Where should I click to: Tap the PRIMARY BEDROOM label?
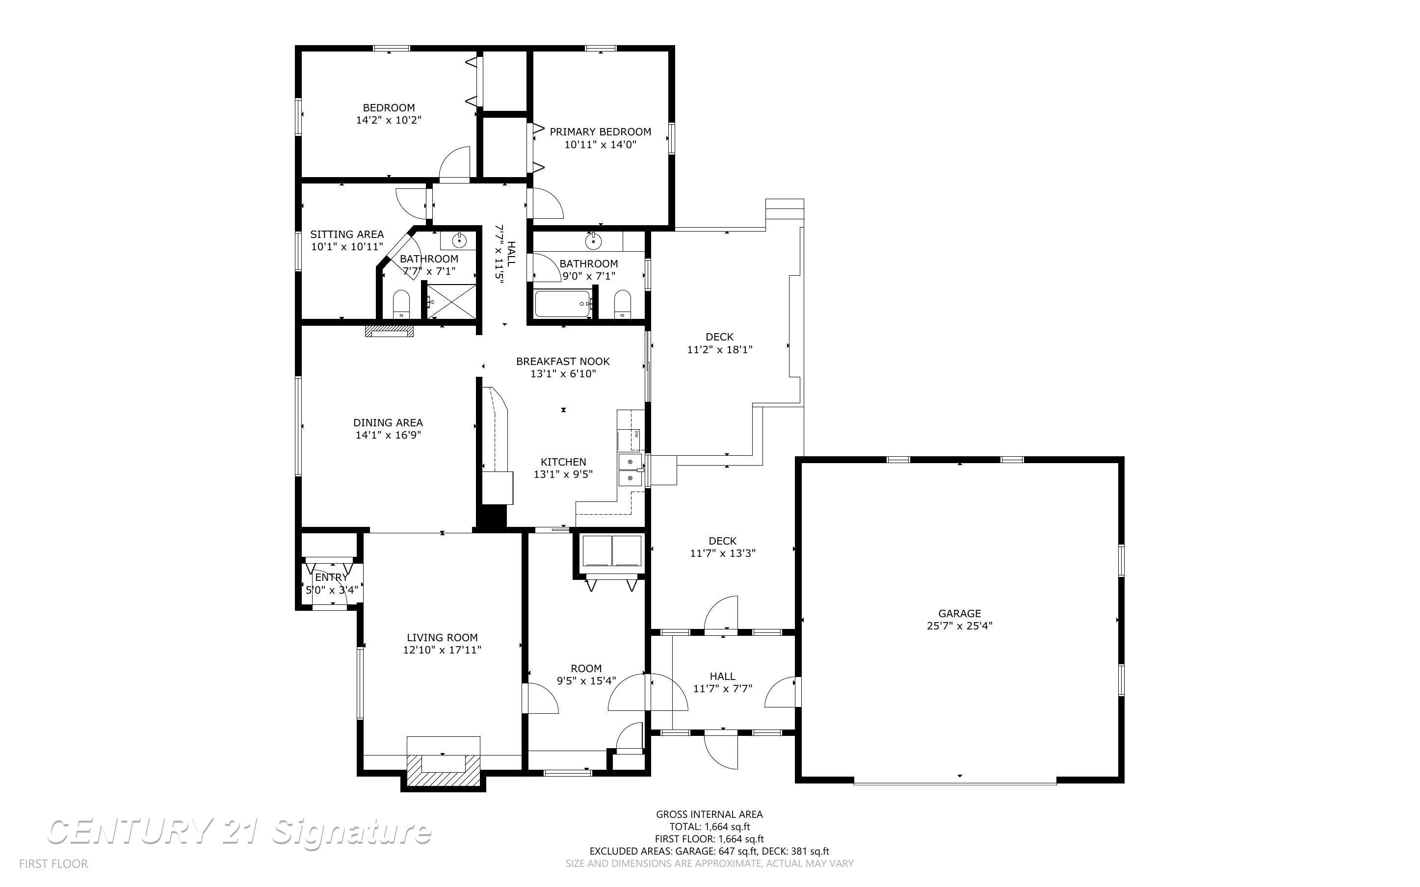click(600, 132)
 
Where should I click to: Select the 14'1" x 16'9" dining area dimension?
click(388, 435)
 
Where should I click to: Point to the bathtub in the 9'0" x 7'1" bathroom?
click(563, 304)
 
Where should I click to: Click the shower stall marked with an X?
click(450, 302)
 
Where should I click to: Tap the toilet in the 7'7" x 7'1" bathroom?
click(402, 304)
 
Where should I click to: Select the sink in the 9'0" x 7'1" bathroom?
click(594, 241)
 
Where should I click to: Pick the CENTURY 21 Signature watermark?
click(239, 832)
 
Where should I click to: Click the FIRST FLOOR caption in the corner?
click(53, 863)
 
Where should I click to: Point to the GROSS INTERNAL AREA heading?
click(709, 814)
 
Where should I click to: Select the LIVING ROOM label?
click(442, 638)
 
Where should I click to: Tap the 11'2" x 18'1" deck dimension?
click(720, 350)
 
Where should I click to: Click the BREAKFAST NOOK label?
click(563, 362)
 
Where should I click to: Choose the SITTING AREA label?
click(346, 235)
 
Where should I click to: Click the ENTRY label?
click(331, 578)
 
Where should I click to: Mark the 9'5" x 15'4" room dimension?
click(586, 681)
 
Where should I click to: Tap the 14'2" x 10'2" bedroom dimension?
click(389, 120)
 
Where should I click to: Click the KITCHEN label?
click(563, 462)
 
